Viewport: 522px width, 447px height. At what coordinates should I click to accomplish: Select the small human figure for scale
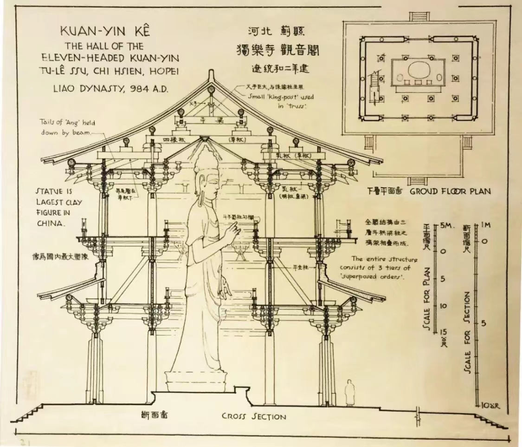pos(349,393)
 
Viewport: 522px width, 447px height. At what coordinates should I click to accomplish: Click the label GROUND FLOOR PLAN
pos(450,191)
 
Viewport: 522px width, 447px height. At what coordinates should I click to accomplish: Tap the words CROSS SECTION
pos(253,416)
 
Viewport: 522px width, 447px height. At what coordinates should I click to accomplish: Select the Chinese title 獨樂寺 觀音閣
pos(277,49)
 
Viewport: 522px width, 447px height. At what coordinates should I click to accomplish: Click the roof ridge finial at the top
pos(212,75)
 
